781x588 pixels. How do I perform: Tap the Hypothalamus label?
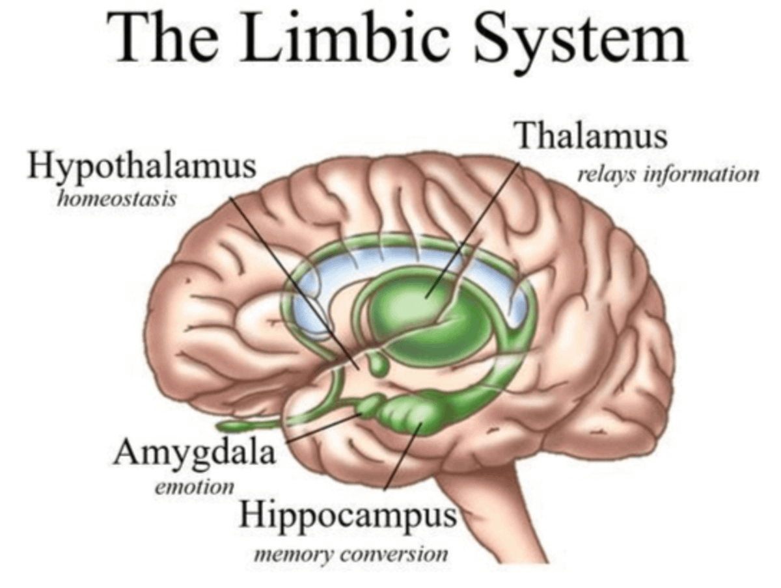point(141,167)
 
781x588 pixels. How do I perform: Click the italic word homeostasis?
point(116,198)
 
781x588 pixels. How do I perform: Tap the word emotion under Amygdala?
point(194,486)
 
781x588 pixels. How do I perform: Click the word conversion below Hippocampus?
point(394,555)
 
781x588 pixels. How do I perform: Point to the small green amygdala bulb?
point(369,407)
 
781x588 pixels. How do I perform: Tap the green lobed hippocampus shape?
point(410,413)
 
